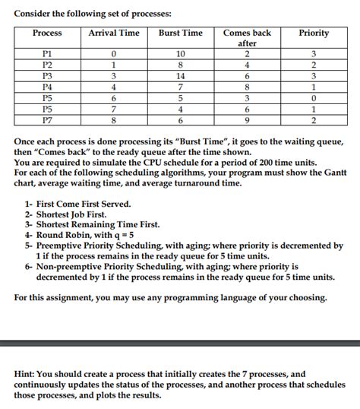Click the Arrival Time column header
[x=114, y=33]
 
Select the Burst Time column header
[x=180, y=33]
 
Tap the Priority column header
[x=314, y=33]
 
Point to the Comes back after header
[x=247, y=39]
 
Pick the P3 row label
[x=47, y=77]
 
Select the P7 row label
[x=47, y=119]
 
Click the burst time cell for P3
[x=180, y=77]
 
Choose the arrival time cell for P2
[x=114, y=65]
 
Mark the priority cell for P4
[x=314, y=87]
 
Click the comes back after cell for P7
[x=247, y=119]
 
